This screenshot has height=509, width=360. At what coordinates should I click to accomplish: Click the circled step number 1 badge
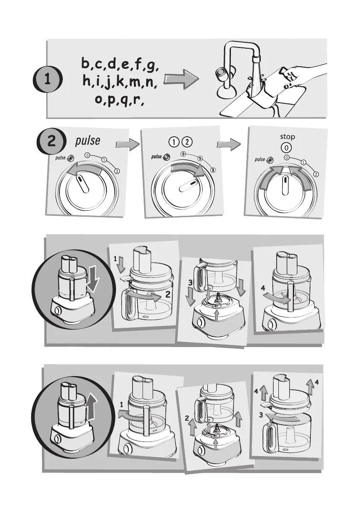click(47, 79)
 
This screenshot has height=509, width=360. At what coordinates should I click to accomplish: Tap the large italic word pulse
click(88, 141)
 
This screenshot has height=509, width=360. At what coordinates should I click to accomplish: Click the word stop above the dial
click(287, 137)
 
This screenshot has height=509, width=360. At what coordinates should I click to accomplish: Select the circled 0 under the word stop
click(286, 148)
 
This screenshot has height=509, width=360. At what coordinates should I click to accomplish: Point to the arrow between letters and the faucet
click(181, 79)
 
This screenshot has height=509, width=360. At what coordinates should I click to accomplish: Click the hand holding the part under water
click(298, 76)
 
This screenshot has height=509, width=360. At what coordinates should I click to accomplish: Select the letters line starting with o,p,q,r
click(119, 99)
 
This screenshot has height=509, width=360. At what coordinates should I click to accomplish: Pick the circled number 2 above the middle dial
click(187, 142)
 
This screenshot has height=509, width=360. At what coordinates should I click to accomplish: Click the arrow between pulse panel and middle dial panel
click(127, 144)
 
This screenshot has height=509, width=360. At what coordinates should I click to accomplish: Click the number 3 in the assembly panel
click(190, 283)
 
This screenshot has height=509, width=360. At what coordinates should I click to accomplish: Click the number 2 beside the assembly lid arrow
click(168, 294)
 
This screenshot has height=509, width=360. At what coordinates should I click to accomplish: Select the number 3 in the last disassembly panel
click(261, 415)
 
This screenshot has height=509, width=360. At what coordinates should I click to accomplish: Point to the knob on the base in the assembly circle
click(57, 311)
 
